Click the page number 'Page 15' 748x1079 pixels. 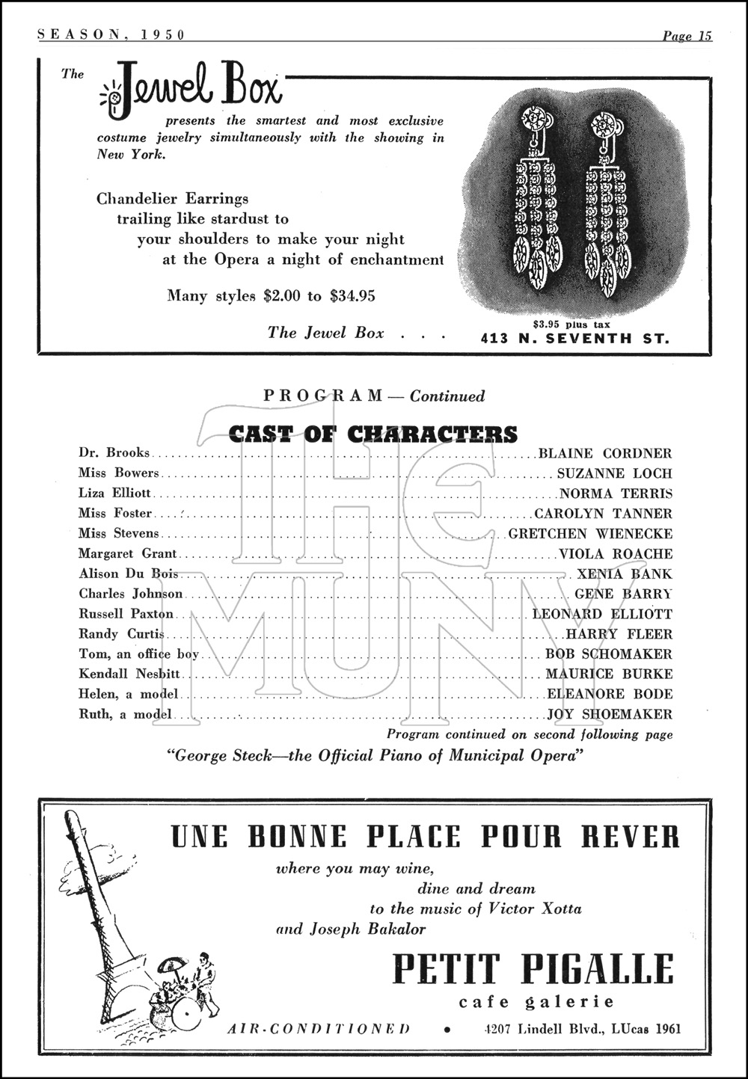click(x=686, y=35)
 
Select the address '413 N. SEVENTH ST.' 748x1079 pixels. click(x=574, y=338)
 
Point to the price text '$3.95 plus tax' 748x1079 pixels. click(x=571, y=325)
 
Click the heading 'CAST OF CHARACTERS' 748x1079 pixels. click(x=373, y=434)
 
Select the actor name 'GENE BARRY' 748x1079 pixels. click(x=623, y=594)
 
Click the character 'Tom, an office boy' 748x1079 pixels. click(x=139, y=654)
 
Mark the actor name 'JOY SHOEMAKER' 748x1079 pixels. click(x=610, y=715)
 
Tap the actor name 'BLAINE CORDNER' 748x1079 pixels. click(x=605, y=453)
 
